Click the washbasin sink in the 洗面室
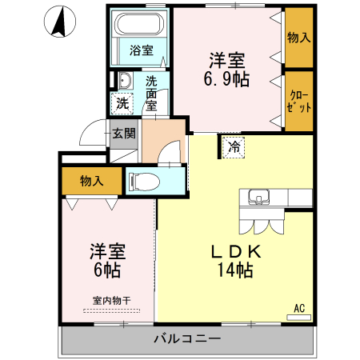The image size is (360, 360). [x=125, y=82]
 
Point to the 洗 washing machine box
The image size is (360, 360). [x=122, y=102]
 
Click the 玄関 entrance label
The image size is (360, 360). [x=124, y=133]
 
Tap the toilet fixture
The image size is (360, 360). [x=143, y=179]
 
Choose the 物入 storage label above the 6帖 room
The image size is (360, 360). [x=90, y=181]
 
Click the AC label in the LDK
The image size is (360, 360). [x=299, y=307]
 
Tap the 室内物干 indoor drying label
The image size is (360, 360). [x=110, y=301]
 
